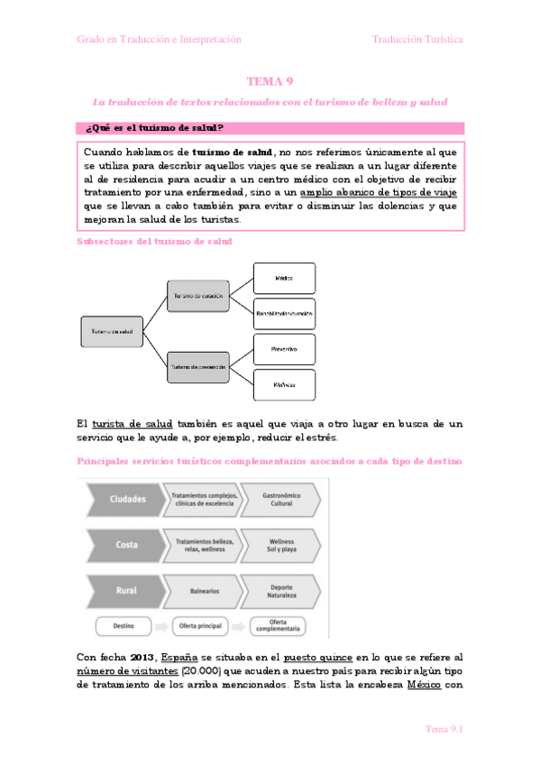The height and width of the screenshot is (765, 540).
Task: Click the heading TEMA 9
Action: [x=270, y=81]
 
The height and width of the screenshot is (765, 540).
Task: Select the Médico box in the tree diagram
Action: [x=284, y=278]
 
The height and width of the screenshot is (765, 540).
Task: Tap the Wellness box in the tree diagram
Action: [x=284, y=385]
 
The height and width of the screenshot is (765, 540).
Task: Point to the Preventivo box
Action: [x=284, y=348]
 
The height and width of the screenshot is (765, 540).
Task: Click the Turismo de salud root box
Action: [x=112, y=332]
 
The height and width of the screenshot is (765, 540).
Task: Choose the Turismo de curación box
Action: [x=198, y=296]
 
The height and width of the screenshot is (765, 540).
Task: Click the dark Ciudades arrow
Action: [x=124, y=498]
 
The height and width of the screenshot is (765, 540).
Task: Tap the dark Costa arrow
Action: [x=124, y=545]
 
